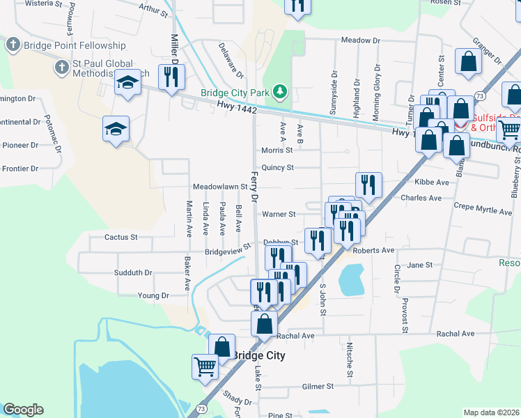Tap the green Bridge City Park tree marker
coord(279,91)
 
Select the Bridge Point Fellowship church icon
coord(12,45)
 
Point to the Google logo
coord(23,410)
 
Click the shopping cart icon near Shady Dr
coord(205,366)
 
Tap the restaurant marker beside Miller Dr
coord(169,77)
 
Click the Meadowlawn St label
coord(220,187)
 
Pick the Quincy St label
coord(278,167)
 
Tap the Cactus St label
coord(120,237)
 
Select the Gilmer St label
coord(318,386)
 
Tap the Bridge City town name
coord(258,355)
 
